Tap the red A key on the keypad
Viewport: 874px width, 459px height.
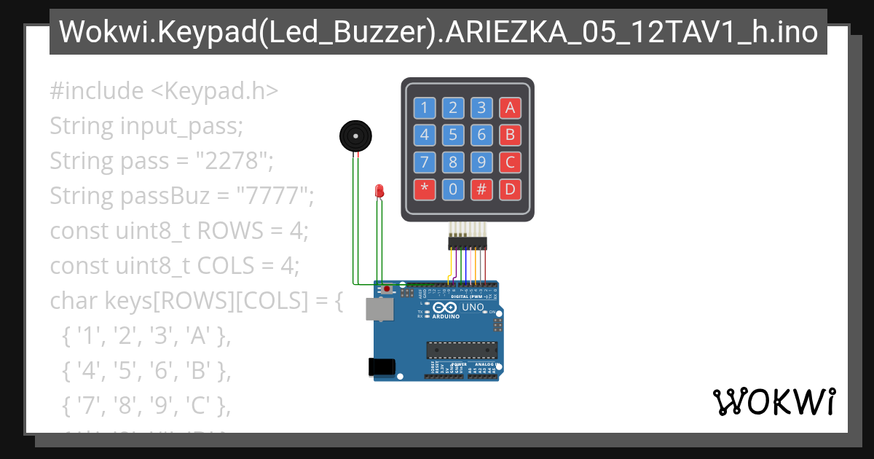click(x=510, y=109)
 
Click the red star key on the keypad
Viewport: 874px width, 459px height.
click(x=425, y=189)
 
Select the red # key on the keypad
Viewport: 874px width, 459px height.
click(x=481, y=189)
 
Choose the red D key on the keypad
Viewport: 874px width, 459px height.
click(x=510, y=189)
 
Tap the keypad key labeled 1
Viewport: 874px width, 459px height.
click(x=425, y=109)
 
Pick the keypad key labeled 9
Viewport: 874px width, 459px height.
click(x=481, y=162)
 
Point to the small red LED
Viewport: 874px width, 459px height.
click(x=379, y=191)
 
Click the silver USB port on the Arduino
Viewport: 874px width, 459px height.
click(x=379, y=310)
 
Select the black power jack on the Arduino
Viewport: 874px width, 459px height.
click(x=382, y=367)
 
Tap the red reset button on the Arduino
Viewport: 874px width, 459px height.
click(x=386, y=291)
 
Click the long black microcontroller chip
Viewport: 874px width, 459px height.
click(x=462, y=350)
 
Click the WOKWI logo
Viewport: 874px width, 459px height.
click(x=773, y=401)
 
